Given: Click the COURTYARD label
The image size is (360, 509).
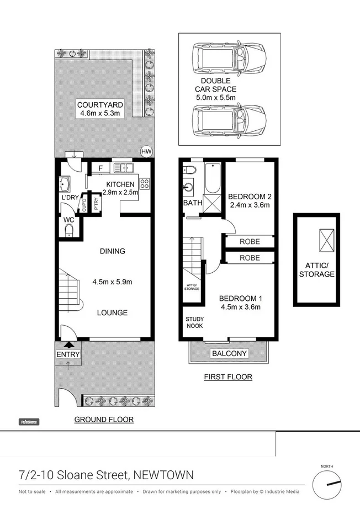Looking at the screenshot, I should click(x=100, y=105).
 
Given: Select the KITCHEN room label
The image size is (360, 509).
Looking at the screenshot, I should click(x=120, y=184).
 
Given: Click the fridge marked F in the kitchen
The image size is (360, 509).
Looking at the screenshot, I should click(x=101, y=168).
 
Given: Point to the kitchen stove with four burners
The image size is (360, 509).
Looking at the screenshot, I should click(x=145, y=184).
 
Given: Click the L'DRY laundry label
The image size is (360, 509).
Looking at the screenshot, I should click(x=70, y=197).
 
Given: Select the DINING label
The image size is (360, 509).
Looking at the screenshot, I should click(x=112, y=251).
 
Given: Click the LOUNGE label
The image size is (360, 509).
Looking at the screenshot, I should click(x=112, y=312).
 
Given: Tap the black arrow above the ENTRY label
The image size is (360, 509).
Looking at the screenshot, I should click(x=68, y=345).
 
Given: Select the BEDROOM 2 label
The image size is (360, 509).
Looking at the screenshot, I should click(x=248, y=197).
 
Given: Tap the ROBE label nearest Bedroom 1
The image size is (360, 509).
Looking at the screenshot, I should click(x=250, y=258).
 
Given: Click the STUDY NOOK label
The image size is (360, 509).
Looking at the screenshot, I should click(x=194, y=322).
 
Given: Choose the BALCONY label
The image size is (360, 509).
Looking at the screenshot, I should click(x=227, y=353).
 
